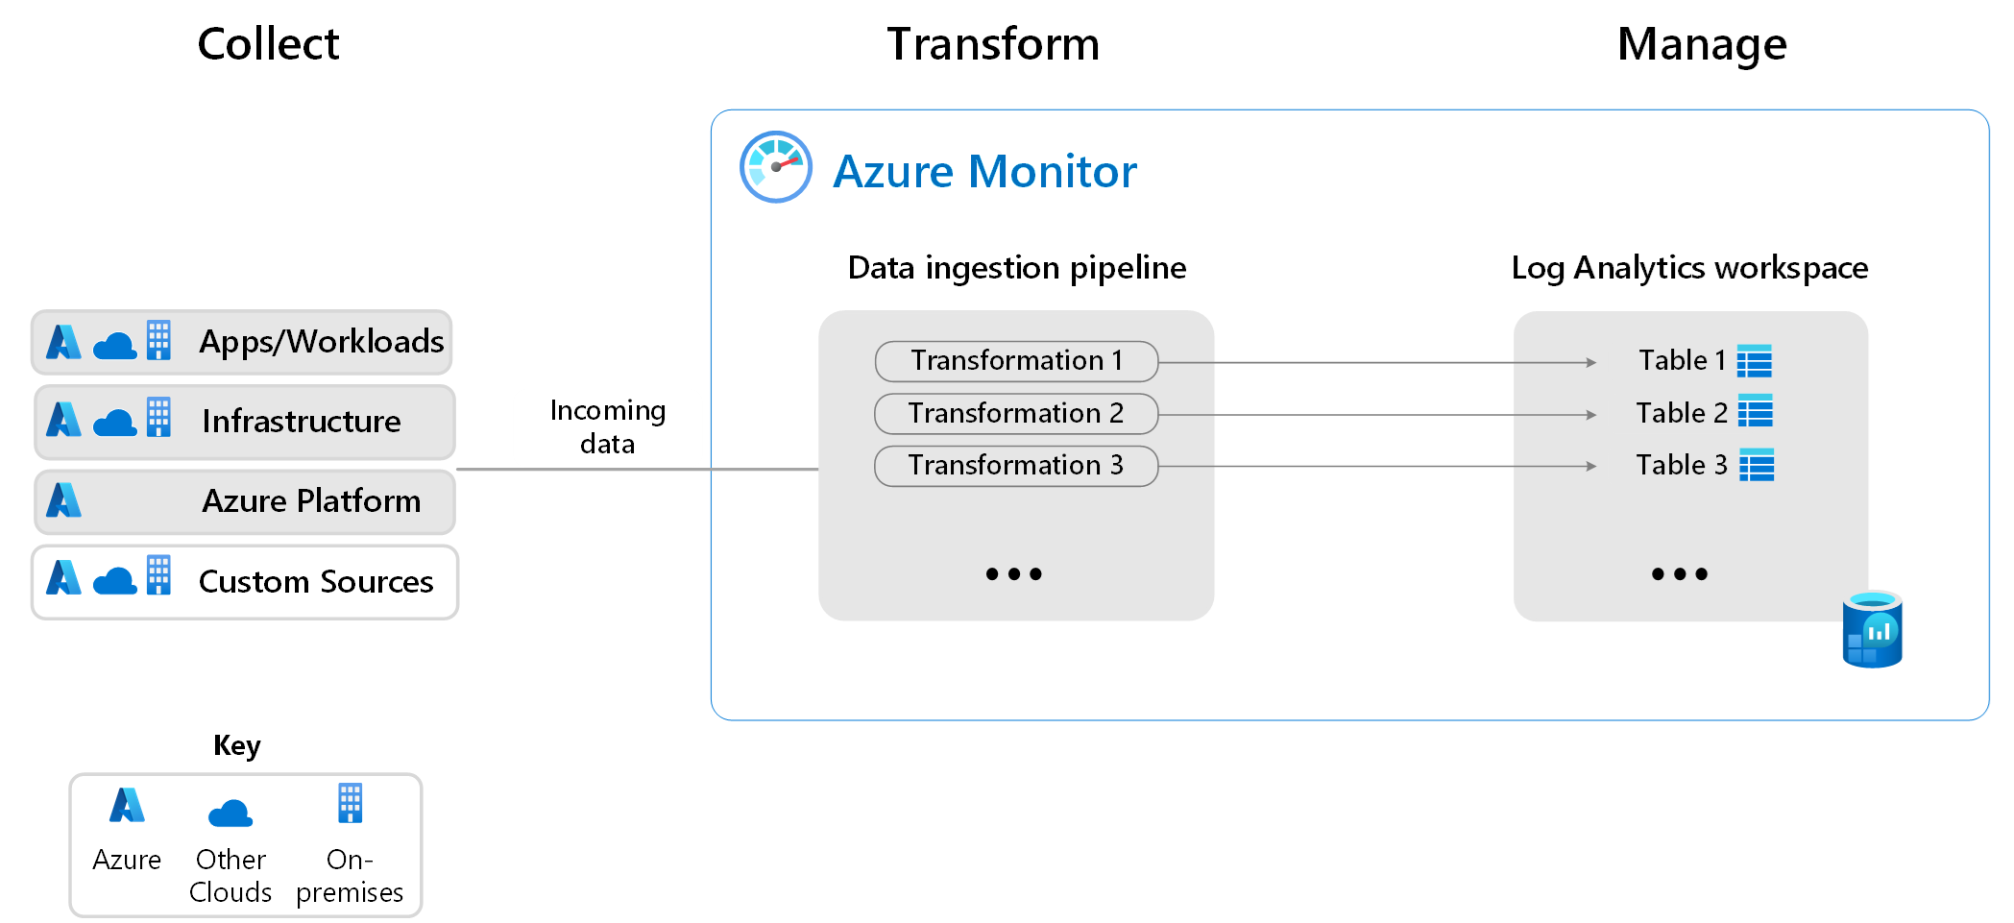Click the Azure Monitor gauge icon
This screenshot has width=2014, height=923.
pos(776,167)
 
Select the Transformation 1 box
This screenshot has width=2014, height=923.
pos(1016,361)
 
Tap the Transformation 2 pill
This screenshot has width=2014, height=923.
pos(1016,414)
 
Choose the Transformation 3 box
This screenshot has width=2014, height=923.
pos(1016,466)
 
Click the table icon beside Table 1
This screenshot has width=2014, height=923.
pos(1755,361)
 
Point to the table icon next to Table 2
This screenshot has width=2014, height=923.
pos(1756,411)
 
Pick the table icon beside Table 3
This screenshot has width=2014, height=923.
pos(1757,465)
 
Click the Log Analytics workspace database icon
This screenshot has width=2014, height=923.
pos(1872,630)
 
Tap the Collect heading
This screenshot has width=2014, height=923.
pos(268,44)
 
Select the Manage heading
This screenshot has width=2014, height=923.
pos(1702,44)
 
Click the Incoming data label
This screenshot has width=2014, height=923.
pos(608,427)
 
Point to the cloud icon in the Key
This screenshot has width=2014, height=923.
pos(231,814)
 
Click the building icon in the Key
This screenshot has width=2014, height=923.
pos(351,803)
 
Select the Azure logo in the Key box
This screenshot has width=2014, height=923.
pos(127,805)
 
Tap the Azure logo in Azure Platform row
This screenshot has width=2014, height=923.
pos(64,500)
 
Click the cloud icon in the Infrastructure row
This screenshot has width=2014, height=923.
pos(115,423)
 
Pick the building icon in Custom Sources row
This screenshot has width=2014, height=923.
pos(159,574)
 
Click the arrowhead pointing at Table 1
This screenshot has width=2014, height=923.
pos(1590,363)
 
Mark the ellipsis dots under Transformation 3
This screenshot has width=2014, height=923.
pos(1013,574)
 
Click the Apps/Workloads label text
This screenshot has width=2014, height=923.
pos(321,342)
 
